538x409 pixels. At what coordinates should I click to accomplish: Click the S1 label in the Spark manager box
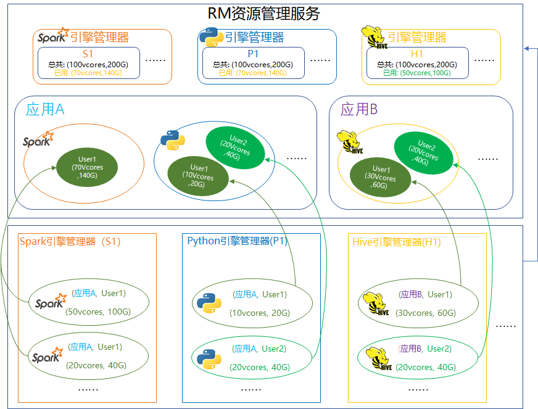pos(88,54)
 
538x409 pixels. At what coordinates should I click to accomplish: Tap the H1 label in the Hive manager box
pos(417,54)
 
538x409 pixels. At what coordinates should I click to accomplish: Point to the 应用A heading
pos(45,110)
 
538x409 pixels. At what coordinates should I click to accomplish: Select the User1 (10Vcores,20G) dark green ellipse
pos(198,176)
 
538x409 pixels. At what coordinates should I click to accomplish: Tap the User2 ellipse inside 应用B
pos(425,151)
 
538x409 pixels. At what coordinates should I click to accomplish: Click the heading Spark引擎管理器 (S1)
pos(70,242)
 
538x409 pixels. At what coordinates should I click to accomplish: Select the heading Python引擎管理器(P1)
pos(238,241)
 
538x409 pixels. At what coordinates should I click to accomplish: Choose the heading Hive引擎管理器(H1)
pos(396,242)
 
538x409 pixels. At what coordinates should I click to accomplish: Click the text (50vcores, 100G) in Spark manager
pos(97,312)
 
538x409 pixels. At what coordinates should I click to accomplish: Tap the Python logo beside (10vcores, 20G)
pos(209,303)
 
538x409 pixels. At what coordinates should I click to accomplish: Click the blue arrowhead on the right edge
pos(526,48)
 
